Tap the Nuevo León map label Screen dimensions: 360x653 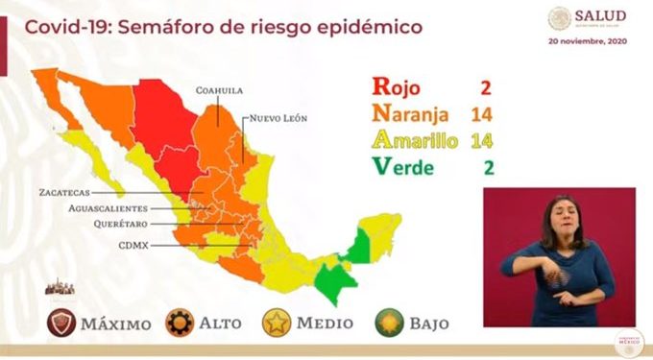pyautogui.click(x=279, y=119)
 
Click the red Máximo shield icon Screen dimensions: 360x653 pyautogui.click(x=64, y=324)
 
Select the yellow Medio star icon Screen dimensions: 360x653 pyautogui.click(x=277, y=324)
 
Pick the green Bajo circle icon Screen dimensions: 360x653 pyautogui.click(x=389, y=324)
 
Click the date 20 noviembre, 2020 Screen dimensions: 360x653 pyautogui.click(x=588, y=42)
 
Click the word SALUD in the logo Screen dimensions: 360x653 pyautogui.click(x=601, y=15)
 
